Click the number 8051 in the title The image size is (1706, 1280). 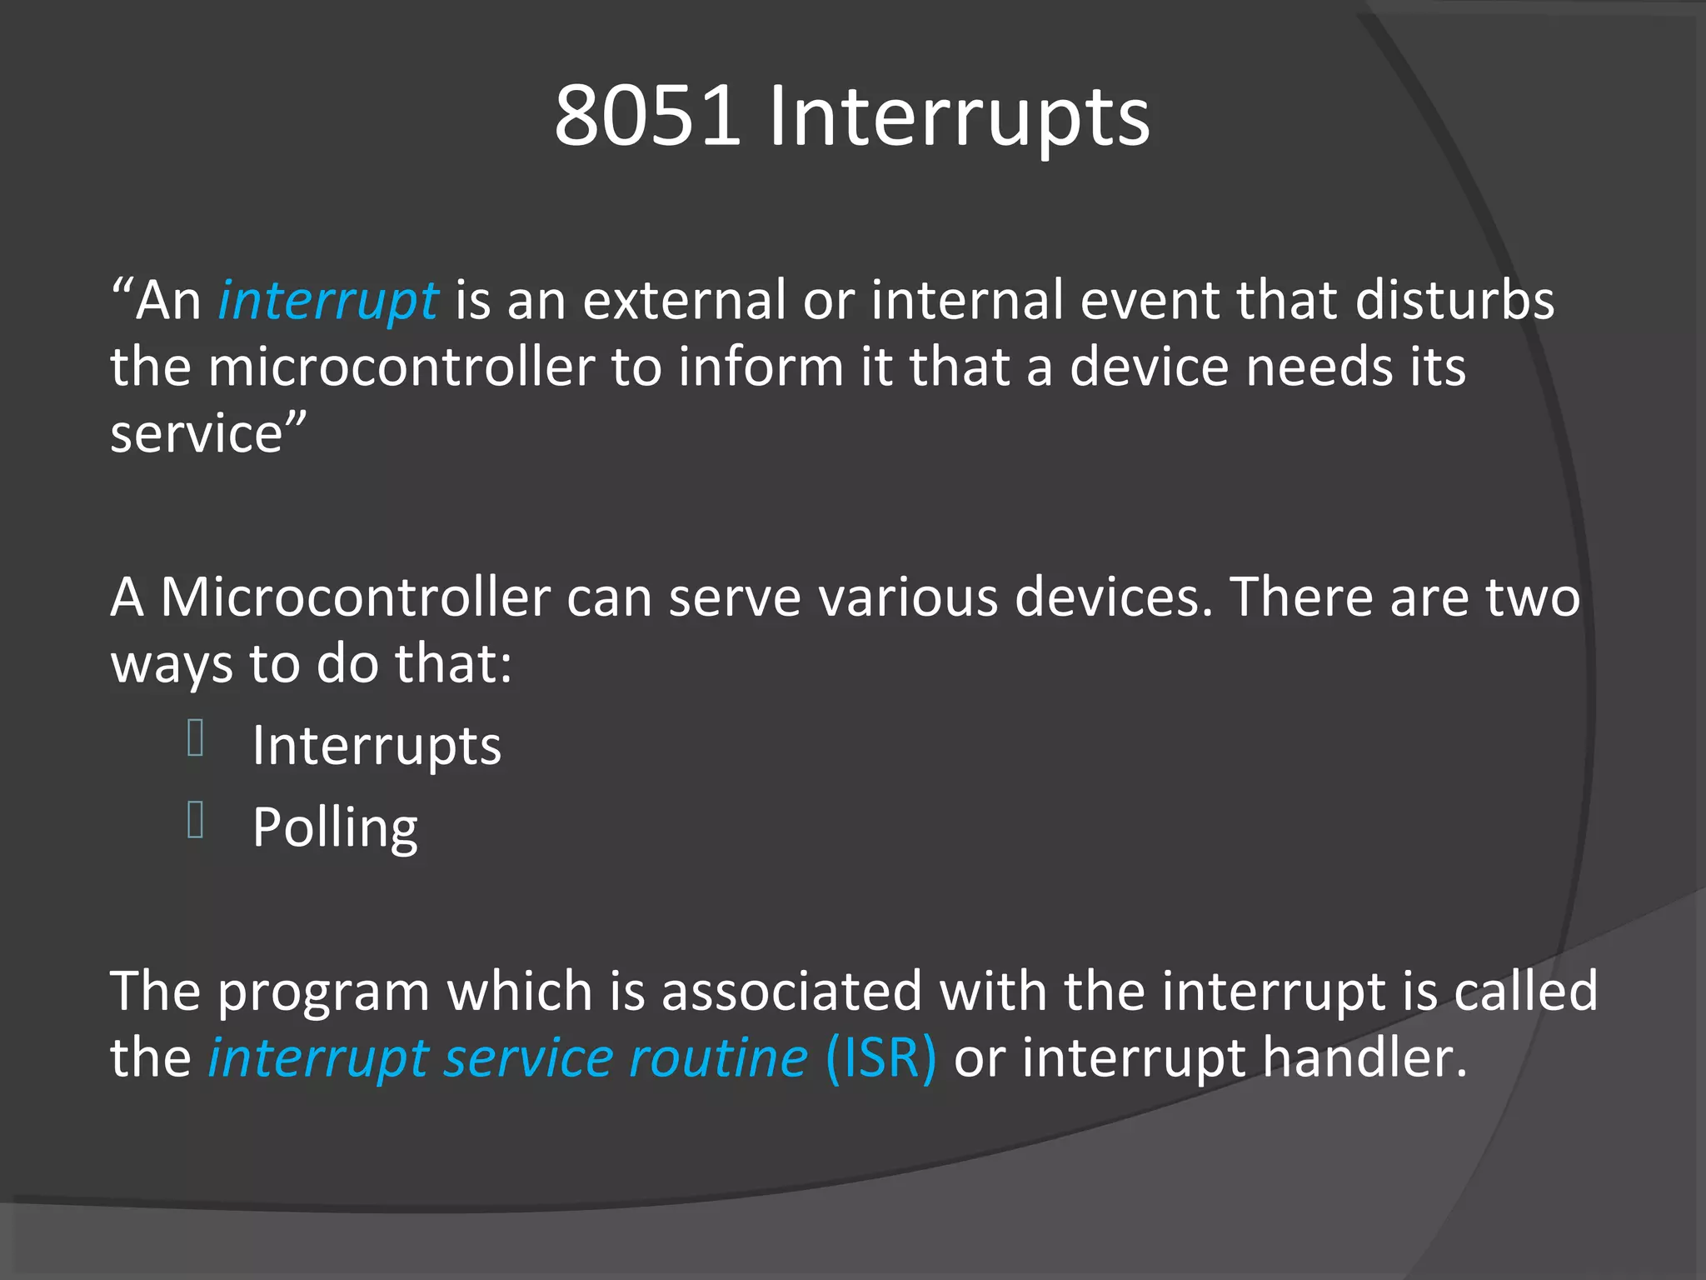(x=647, y=117)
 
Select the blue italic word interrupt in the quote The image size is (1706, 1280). (x=327, y=301)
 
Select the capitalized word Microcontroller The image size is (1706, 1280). (x=355, y=597)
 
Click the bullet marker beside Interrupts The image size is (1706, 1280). (x=196, y=738)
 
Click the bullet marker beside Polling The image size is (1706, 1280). (x=196, y=820)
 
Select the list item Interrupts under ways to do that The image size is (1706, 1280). (x=377, y=745)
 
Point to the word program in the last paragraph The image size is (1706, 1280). (x=323, y=992)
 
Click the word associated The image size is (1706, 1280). (x=791, y=991)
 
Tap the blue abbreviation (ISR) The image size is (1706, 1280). (x=881, y=1058)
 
